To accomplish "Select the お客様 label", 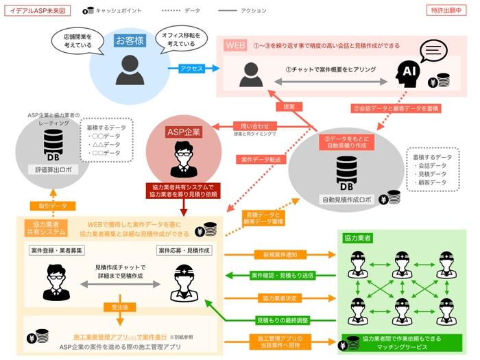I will point(130,40).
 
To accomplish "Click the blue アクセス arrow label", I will point(190,69).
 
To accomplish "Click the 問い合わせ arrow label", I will point(251,125).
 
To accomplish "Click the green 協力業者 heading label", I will point(357,237).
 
